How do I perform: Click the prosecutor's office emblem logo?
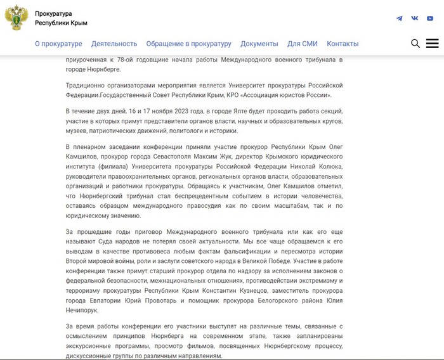click(16, 18)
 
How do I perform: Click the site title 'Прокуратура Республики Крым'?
click(61, 18)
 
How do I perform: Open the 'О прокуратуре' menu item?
click(58, 44)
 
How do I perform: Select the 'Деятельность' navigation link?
click(114, 44)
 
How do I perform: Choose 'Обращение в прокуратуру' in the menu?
click(188, 44)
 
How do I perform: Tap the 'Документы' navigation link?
click(259, 44)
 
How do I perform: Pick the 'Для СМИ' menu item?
click(302, 44)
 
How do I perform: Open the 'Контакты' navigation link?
click(343, 44)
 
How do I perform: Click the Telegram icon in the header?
click(399, 18)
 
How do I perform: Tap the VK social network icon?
click(415, 18)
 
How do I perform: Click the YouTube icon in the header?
click(431, 18)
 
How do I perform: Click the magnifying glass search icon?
click(415, 44)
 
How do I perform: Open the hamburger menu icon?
click(433, 44)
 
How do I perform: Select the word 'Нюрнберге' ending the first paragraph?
click(95, 69)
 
